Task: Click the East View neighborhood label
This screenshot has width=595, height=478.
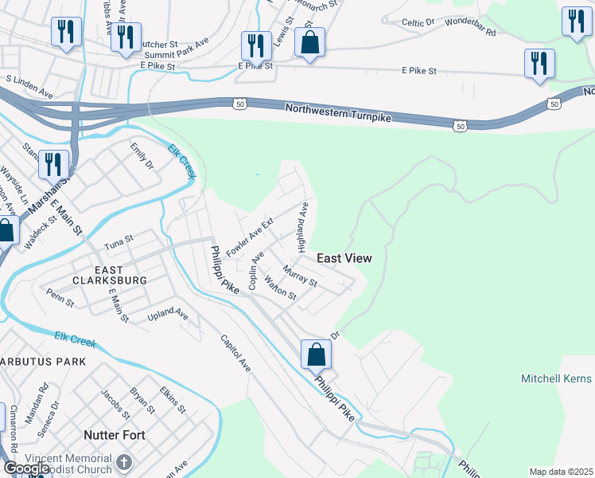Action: (x=344, y=258)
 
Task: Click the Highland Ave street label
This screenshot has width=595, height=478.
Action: (x=303, y=227)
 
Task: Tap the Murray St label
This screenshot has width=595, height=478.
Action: (x=300, y=278)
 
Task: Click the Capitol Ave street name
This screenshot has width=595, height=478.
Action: (x=235, y=353)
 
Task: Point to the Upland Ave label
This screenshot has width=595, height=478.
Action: (x=168, y=316)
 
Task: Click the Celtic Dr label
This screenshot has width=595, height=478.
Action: (x=418, y=23)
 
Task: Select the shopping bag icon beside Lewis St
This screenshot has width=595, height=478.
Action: (x=309, y=42)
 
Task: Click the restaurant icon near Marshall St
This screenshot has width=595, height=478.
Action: (x=53, y=164)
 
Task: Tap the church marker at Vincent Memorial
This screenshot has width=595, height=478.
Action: (x=123, y=462)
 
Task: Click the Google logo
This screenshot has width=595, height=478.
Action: (x=26, y=468)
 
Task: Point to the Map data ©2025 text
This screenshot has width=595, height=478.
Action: (x=561, y=472)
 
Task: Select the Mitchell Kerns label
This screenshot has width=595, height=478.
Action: (x=557, y=378)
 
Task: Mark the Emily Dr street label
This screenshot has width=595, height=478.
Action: (x=142, y=157)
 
